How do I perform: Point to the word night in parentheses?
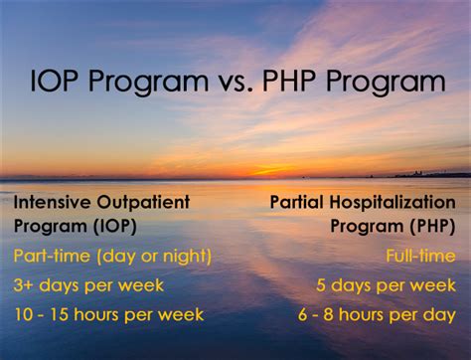(182, 258)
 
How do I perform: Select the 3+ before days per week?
(24, 285)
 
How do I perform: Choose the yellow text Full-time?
(421, 257)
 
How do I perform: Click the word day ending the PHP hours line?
(440, 316)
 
